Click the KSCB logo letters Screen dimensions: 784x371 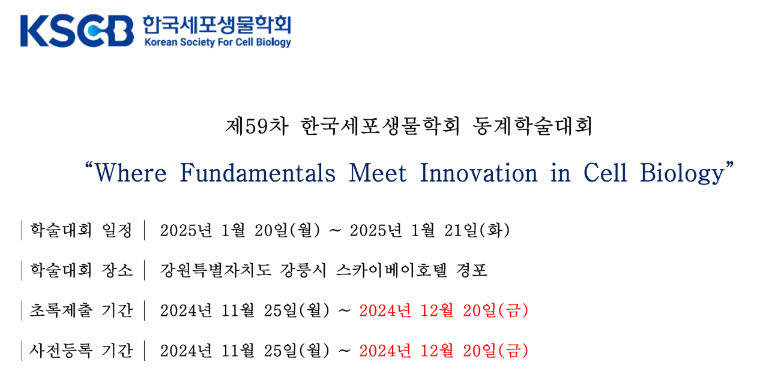click(x=77, y=31)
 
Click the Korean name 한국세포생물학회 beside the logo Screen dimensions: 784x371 click(x=217, y=25)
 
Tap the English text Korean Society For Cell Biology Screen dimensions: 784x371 click(x=218, y=43)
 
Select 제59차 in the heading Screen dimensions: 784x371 click(x=257, y=126)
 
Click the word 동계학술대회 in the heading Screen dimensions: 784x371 click(x=532, y=126)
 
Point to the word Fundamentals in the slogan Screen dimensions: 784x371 click(x=258, y=173)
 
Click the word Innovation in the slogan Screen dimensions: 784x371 click(x=478, y=173)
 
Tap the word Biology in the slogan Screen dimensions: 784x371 click(x=682, y=174)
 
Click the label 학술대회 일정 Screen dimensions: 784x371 click(x=81, y=230)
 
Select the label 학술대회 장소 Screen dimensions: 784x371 click(x=81, y=270)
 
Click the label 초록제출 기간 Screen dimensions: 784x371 click(x=81, y=310)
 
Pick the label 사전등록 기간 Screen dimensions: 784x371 click(x=81, y=351)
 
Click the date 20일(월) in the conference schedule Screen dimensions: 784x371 click(x=288, y=230)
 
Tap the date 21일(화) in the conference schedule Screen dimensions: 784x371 click(x=477, y=230)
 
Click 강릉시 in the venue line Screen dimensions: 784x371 click(x=303, y=270)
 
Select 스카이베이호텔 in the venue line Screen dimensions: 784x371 click(x=391, y=270)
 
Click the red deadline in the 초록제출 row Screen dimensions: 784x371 click(x=444, y=310)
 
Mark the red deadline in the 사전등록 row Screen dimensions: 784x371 click(x=444, y=351)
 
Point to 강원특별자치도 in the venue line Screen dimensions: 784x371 click(x=216, y=270)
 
